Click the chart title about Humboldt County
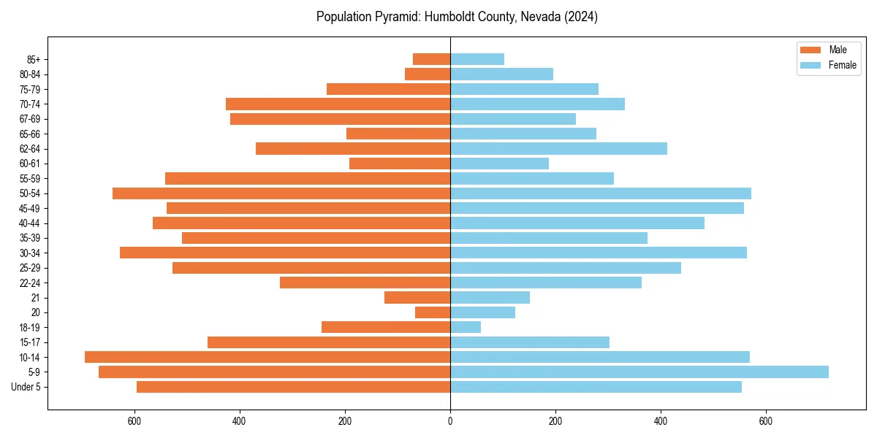pos(457,17)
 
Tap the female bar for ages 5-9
pos(639,372)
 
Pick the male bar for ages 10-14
pos(267,357)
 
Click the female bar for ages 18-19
pos(466,327)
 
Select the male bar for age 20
pos(433,312)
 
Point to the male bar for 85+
pos(431,59)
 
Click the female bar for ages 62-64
pos(558,149)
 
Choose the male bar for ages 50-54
pos(281,193)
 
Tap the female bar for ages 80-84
pos(501,74)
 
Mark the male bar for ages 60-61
pos(400,164)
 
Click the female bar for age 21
pos(490,297)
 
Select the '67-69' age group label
pos(30,119)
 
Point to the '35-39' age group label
pos(30,238)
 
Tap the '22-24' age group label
pos(30,283)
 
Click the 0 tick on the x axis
pos(450,421)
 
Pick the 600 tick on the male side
pos(134,421)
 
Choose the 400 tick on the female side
pos(661,421)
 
